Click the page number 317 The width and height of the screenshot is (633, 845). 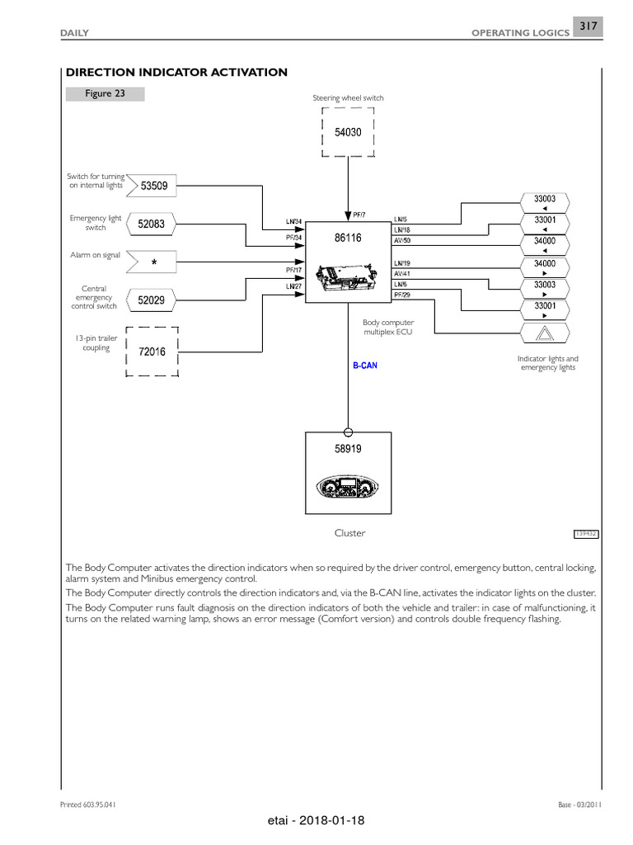point(588,26)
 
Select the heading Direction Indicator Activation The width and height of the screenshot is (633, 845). point(176,73)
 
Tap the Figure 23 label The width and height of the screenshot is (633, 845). point(105,94)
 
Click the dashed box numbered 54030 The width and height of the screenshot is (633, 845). point(348,132)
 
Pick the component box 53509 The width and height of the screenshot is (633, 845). point(154,186)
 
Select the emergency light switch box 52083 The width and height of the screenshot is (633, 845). point(152,224)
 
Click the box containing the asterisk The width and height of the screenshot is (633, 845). point(154,262)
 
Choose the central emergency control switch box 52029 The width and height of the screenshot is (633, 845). point(152,301)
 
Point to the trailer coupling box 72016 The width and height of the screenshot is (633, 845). point(152,352)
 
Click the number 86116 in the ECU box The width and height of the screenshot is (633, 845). point(348,238)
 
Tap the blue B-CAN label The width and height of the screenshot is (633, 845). point(365,366)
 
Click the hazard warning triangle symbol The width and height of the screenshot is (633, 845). point(546,333)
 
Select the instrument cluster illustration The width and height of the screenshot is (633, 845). point(348,489)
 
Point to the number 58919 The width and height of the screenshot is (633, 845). point(348,450)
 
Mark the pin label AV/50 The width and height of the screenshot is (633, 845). point(402,241)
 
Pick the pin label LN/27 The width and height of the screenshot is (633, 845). point(293,286)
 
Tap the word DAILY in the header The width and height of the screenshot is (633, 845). point(75,32)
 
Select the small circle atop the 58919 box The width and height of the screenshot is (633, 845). point(348,432)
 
